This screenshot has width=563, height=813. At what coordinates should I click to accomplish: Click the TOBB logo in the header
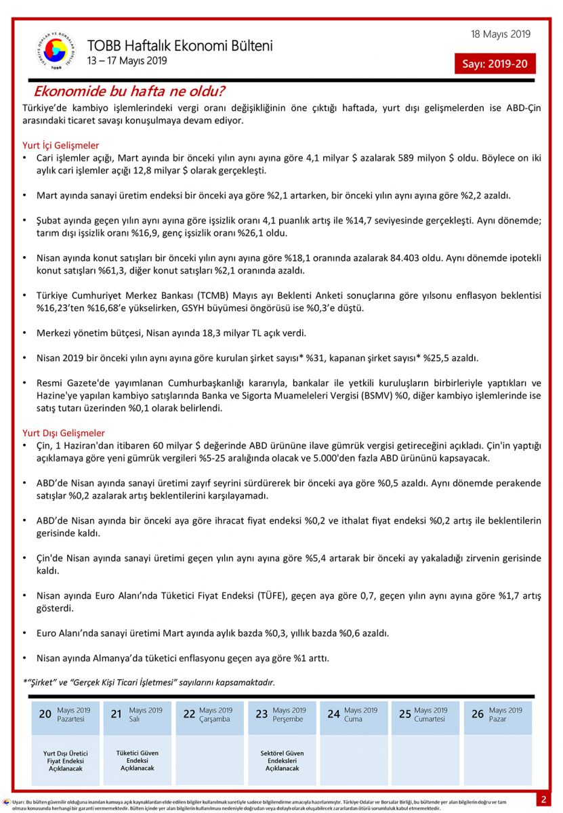point(56,51)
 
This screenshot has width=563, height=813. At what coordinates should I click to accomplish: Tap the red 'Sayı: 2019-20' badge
point(495,64)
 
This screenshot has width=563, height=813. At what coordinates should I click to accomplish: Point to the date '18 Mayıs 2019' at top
point(501,35)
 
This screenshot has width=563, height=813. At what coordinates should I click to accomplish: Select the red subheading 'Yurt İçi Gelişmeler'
point(61,145)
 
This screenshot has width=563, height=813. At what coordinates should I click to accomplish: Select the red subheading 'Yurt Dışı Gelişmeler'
point(64,433)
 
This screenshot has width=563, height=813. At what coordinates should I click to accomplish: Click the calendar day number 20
point(45,714)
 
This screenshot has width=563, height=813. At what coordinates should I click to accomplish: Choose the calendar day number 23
point(262,714)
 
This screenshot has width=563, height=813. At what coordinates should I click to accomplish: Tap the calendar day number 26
point(478,714)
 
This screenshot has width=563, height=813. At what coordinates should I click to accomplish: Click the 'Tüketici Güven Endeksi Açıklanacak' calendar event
point(138,760)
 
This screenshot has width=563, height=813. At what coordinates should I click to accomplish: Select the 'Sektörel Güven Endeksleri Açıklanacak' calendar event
point(282,761)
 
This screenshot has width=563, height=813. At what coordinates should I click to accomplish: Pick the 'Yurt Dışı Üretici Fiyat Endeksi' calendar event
point(66,761)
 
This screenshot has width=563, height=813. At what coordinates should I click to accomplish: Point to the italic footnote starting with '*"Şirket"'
point(149,682)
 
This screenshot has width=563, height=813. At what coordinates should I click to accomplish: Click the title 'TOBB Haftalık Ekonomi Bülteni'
point(180,46)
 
